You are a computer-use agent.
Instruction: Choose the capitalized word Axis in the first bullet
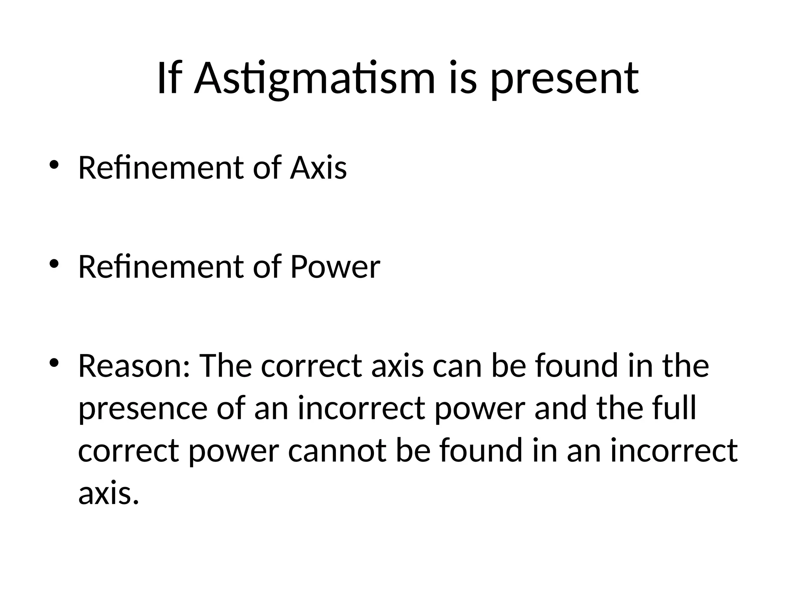tap(318, 168)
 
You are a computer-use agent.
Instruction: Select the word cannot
tap(337, 450)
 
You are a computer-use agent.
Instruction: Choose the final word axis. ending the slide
tap(108, 493)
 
